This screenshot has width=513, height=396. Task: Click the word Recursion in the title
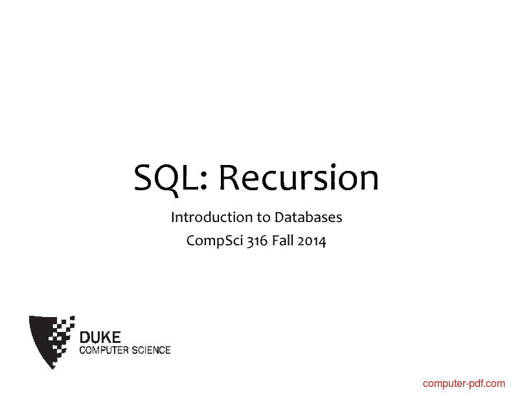coord(299,177)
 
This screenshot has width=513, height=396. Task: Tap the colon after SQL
coord(203,181)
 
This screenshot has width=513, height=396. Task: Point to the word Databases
coord(308,217)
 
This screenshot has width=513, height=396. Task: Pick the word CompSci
coord(214,241)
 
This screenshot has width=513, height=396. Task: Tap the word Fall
coord(282,241)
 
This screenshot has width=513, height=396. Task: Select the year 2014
coord(312,241)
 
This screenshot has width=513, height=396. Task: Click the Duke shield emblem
coord(52,342)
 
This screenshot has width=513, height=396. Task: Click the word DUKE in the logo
coord(100,338)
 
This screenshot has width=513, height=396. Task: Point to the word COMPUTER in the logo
coord(104,350)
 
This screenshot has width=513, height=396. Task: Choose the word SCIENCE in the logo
coord(151,350)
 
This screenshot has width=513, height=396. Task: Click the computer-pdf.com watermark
coord(464,384)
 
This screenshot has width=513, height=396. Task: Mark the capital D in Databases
coord(279,217)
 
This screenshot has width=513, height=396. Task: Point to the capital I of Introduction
coord(172,217)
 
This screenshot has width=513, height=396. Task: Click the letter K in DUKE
coord(107,338)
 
